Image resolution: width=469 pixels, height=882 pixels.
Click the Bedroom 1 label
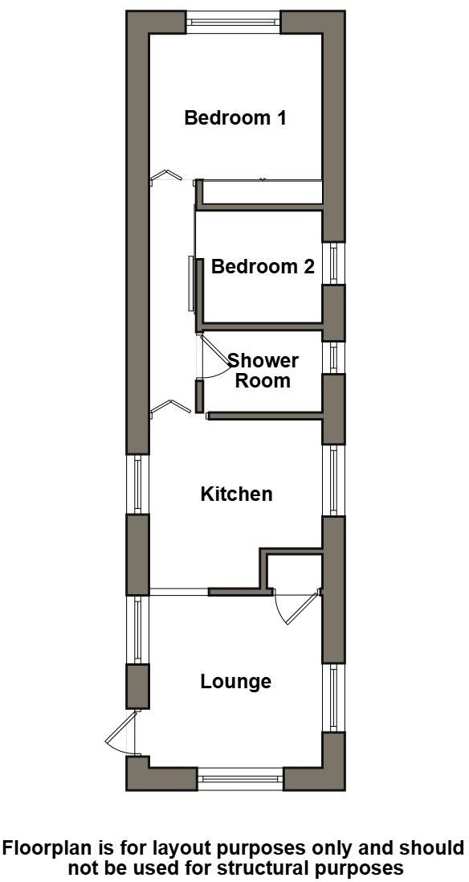235,118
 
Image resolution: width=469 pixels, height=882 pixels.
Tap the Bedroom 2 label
263,267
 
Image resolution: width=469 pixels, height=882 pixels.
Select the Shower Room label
263,371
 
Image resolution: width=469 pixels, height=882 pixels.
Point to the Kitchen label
236,494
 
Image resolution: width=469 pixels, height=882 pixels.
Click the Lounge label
235,682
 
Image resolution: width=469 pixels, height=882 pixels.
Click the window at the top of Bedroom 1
234,22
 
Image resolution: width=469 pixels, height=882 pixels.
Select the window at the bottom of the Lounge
240,778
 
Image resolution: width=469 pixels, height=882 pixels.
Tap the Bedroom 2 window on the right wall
333,263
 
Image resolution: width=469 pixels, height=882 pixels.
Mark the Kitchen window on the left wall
138,484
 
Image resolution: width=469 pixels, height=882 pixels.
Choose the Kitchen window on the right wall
333,481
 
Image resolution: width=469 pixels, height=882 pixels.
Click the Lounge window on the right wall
333,698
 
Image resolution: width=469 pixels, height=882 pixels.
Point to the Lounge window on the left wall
138,630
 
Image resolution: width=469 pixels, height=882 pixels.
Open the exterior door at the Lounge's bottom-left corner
124,733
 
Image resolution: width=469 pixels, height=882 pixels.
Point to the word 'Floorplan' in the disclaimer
52,849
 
